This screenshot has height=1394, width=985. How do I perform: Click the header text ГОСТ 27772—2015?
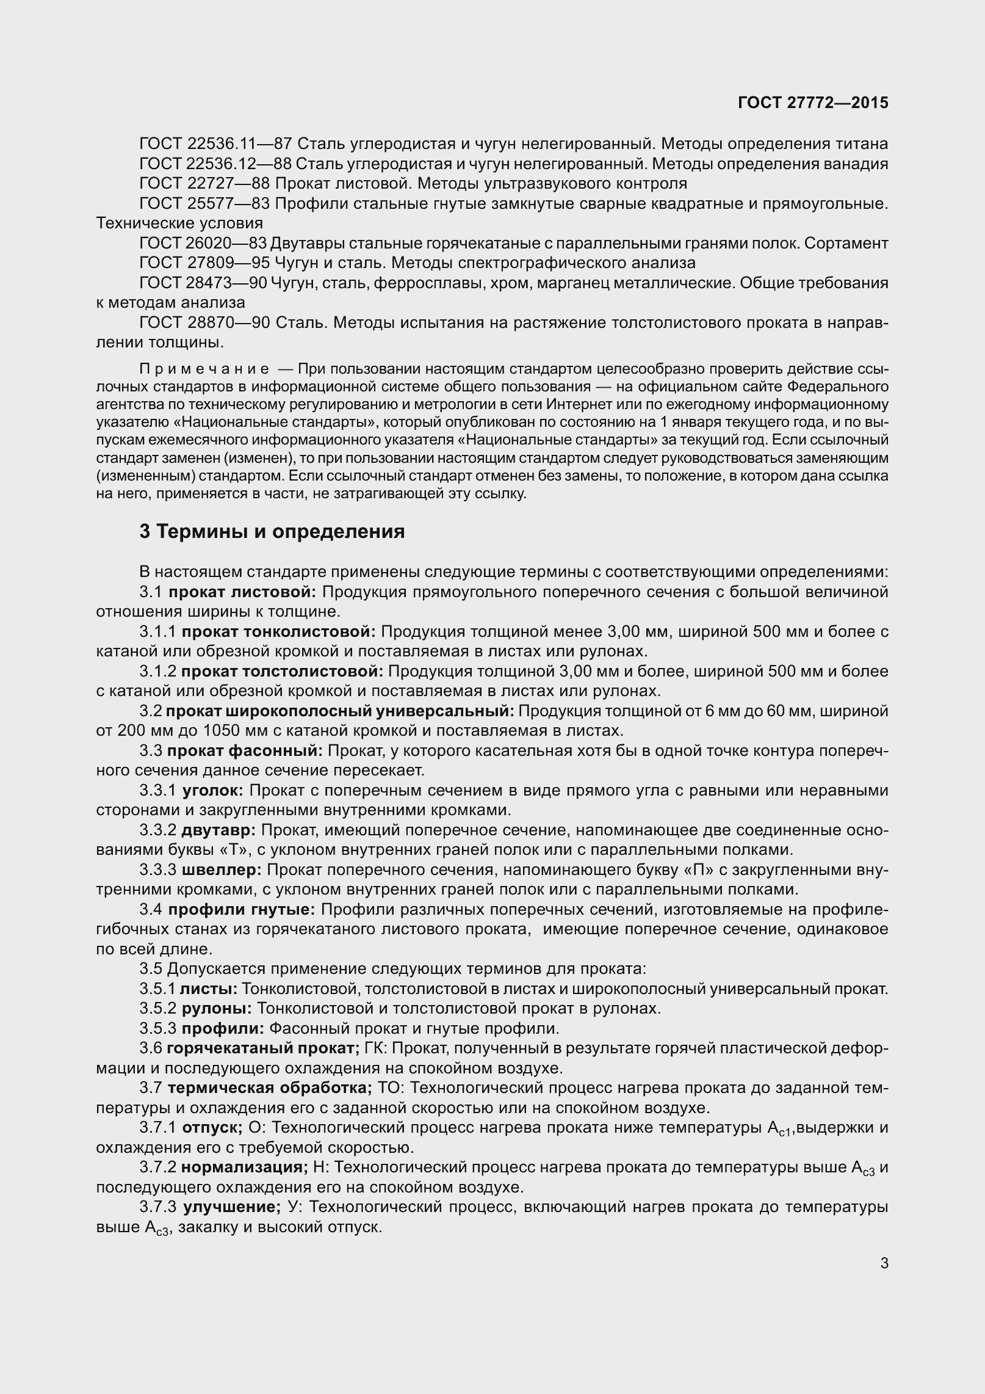click(x=812, y=103)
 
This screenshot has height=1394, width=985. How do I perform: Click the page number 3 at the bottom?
click(x=884, y=1263)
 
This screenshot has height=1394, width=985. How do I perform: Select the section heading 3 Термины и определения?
click(x=272, y=531)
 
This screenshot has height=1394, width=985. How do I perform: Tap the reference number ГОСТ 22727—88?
click(x=204, y=183)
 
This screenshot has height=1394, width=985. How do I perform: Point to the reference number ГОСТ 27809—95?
click(x=204, y=263)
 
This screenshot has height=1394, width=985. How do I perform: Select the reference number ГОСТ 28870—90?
click(x=204, y=322)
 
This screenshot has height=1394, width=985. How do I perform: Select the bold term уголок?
click(x=212, y=790)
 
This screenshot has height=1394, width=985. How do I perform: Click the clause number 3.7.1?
click(x=157, y=1127)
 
